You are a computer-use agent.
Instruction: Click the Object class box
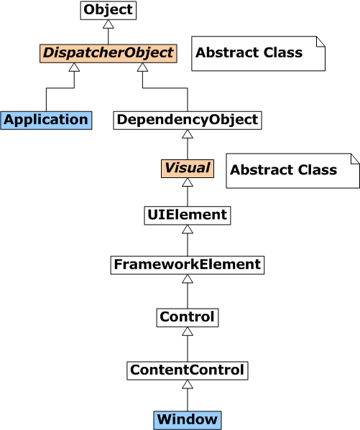coord(109,10)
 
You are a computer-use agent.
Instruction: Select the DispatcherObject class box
coord(109,53)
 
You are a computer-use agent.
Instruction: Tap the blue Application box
coord(46,121)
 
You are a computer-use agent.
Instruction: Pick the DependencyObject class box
coord(188,121)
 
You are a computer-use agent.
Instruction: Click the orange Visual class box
coord(188,169)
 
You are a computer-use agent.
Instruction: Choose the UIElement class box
coord(188,215)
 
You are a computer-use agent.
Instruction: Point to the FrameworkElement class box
coord(188,265)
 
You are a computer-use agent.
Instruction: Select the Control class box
coord(188,317)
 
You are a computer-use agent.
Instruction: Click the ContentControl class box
coord(188,370)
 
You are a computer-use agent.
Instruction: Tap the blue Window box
coord(188,420)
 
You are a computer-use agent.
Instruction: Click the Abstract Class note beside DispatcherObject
coord(259,53)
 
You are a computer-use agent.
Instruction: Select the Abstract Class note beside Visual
coord(292,171)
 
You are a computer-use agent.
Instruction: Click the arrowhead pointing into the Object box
coord(109,24)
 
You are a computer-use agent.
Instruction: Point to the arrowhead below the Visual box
coord(188,182)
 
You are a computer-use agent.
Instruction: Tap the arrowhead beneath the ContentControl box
coord(188,385)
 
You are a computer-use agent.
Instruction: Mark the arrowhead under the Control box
coord(188,331)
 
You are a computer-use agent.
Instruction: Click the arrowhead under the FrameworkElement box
coord(188,279)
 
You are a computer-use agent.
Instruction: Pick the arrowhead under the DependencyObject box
coord(188,134)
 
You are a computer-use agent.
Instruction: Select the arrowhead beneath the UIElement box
coord(188,229)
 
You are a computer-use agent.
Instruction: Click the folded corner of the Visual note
coord(355,159)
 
